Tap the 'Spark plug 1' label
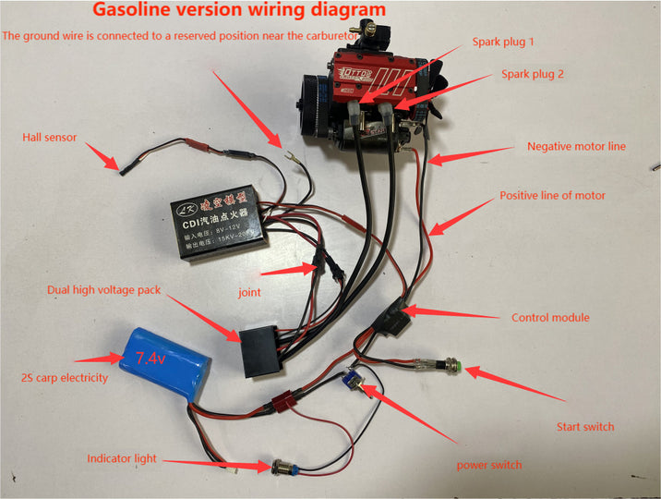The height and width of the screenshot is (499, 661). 503,42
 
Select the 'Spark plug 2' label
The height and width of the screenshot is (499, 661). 532,73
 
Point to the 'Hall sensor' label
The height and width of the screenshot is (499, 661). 50,138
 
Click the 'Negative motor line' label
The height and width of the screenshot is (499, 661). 576,146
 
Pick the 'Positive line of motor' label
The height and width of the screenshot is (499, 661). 552,196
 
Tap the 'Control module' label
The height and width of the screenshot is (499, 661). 550,318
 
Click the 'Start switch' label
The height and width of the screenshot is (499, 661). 585,427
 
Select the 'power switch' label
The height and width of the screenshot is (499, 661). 489,465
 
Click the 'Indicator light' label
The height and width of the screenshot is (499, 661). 122,458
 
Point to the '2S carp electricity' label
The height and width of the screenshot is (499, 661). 65,378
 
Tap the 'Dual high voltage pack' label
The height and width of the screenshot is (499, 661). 104,290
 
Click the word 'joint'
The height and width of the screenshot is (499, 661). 248,292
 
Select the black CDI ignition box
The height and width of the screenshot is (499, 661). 220,222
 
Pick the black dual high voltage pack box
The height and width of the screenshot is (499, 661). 261,351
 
